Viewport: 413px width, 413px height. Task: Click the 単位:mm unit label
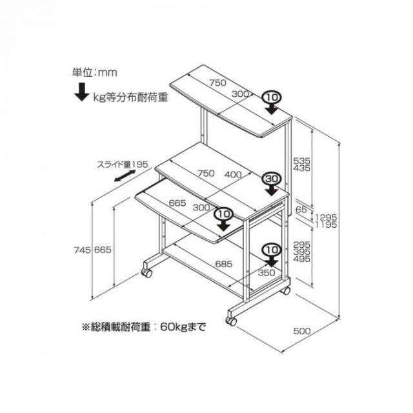coord(95,72)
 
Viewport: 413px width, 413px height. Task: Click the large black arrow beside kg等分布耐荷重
coord(82,92)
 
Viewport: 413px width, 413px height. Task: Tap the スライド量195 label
coord(123,165)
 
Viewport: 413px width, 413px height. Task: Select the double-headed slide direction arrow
coord(125,176)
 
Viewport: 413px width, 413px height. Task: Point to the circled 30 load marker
coord(272,179)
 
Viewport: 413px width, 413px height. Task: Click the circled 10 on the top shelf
coord(272,98)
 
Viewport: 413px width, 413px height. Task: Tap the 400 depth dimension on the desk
coord(233,174)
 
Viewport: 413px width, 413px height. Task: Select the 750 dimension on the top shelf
coord(218,83)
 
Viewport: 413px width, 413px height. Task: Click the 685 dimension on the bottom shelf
coord(224,264)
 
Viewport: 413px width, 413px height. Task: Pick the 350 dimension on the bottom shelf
coord(267,272)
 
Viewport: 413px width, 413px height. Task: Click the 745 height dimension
coord(83,250)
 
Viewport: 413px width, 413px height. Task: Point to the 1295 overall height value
coord(326,217)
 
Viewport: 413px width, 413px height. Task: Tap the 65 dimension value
coord(301,210)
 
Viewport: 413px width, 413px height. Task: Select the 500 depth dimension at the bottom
coord(302,331)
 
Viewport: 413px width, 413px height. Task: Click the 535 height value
coord(302,161)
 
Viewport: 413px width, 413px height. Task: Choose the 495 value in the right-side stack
coord(302,259)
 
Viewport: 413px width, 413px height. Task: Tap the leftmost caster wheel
coord(146,273)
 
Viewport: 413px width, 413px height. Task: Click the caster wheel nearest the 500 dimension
coord(231,321)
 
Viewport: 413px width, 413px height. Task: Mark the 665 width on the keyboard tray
coord(177,203)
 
